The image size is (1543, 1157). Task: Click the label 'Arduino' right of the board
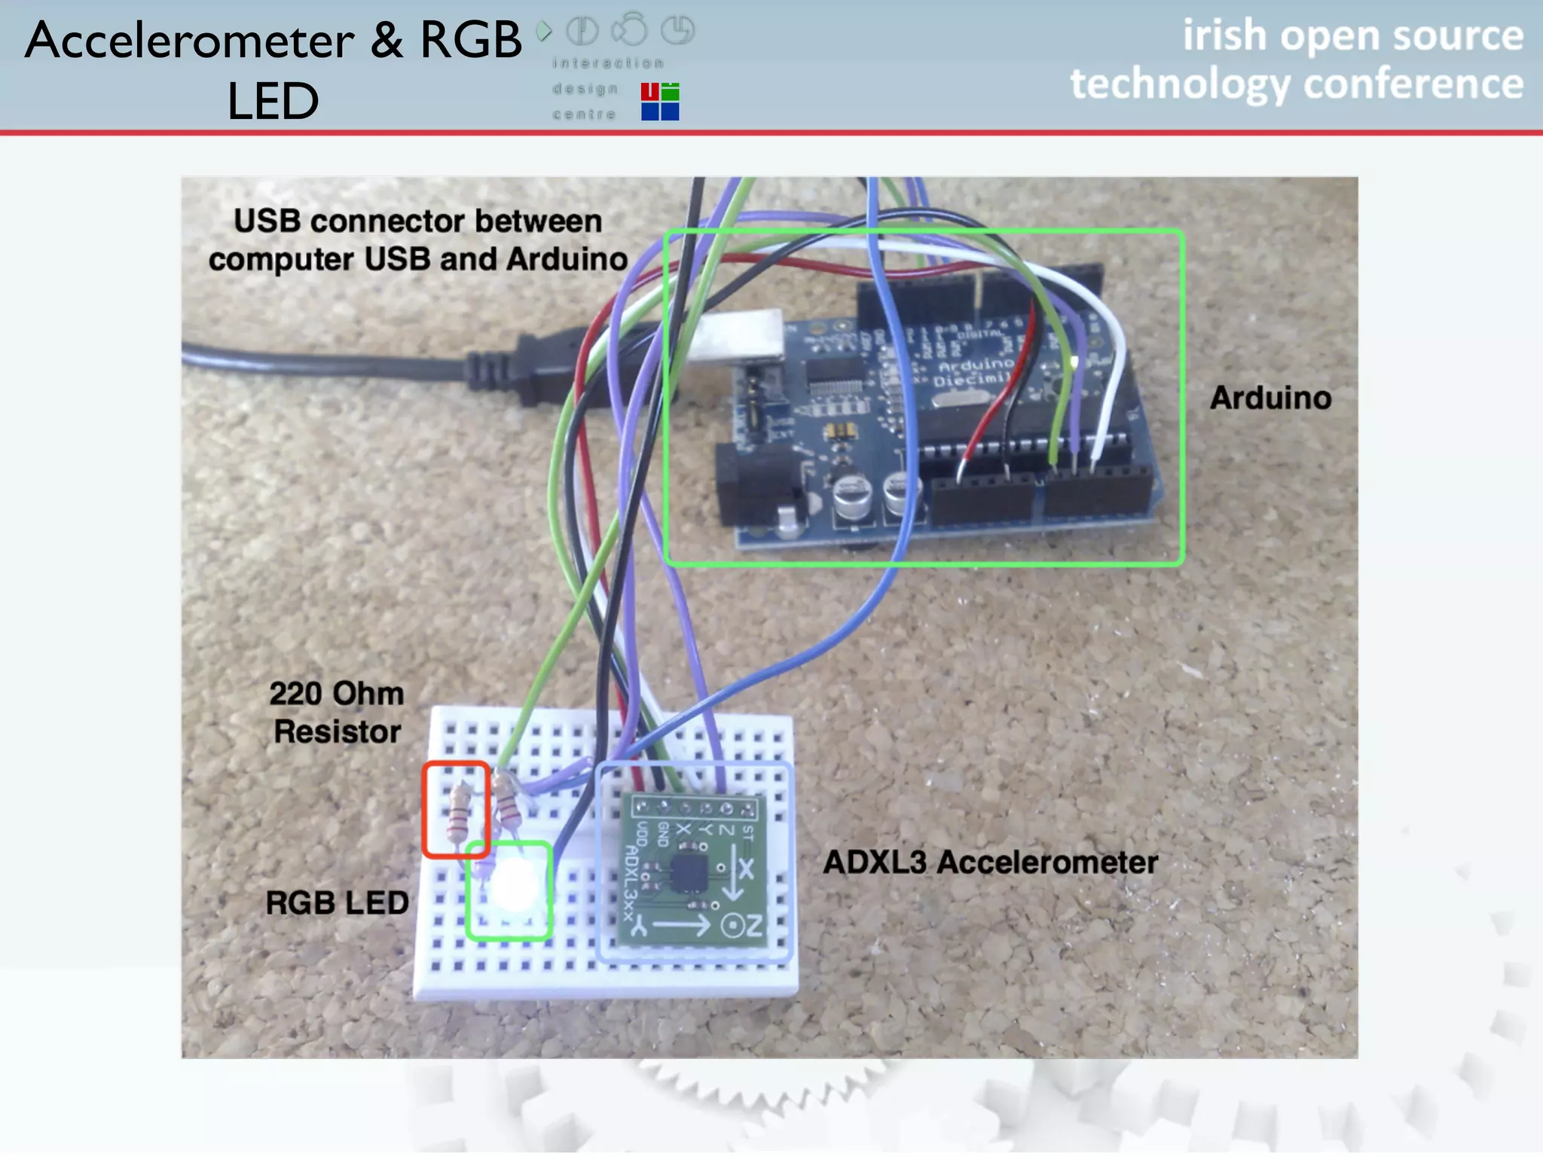pyautogui.click(x=1270, y=398)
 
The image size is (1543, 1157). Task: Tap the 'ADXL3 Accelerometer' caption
pyautogui.click(x=990, y=862)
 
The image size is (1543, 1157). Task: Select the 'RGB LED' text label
pyautogui.click(x=337, y=902)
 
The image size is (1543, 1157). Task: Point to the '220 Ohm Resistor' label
pyautogui.click(x=337, y=712)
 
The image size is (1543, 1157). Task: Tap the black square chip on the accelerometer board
pyautogui.click(x=688, y=872)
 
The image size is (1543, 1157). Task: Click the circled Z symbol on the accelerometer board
pyautogui.click(x=731, y=926)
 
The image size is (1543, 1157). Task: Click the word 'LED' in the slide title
pyautogui.click(x=273, y=101)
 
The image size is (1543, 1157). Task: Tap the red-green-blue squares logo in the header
pyautogui.click(x=660, y=102)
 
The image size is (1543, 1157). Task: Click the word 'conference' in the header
pyautogui.click(x=1413, y=83)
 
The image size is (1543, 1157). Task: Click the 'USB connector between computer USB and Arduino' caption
pyautogui.click(x=418, y=240)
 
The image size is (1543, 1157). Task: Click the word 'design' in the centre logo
pyautogui.click(x=585, y=89)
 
